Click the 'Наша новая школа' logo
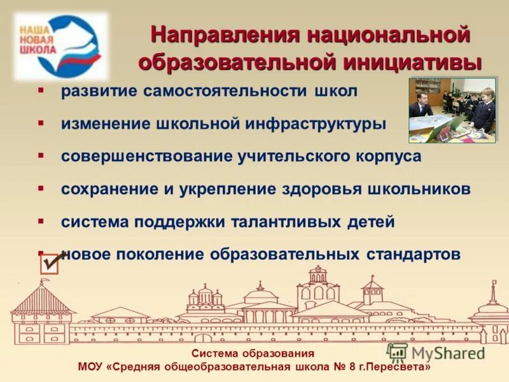tap(60, 46)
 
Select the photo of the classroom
tap(453, 110)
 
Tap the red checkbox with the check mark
tap(50, 263)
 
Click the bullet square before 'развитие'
tap(40, 90)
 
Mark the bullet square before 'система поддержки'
tap(40, 221)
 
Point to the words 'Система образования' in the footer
tap(253, 354)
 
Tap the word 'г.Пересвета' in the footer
tap(400, 367)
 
